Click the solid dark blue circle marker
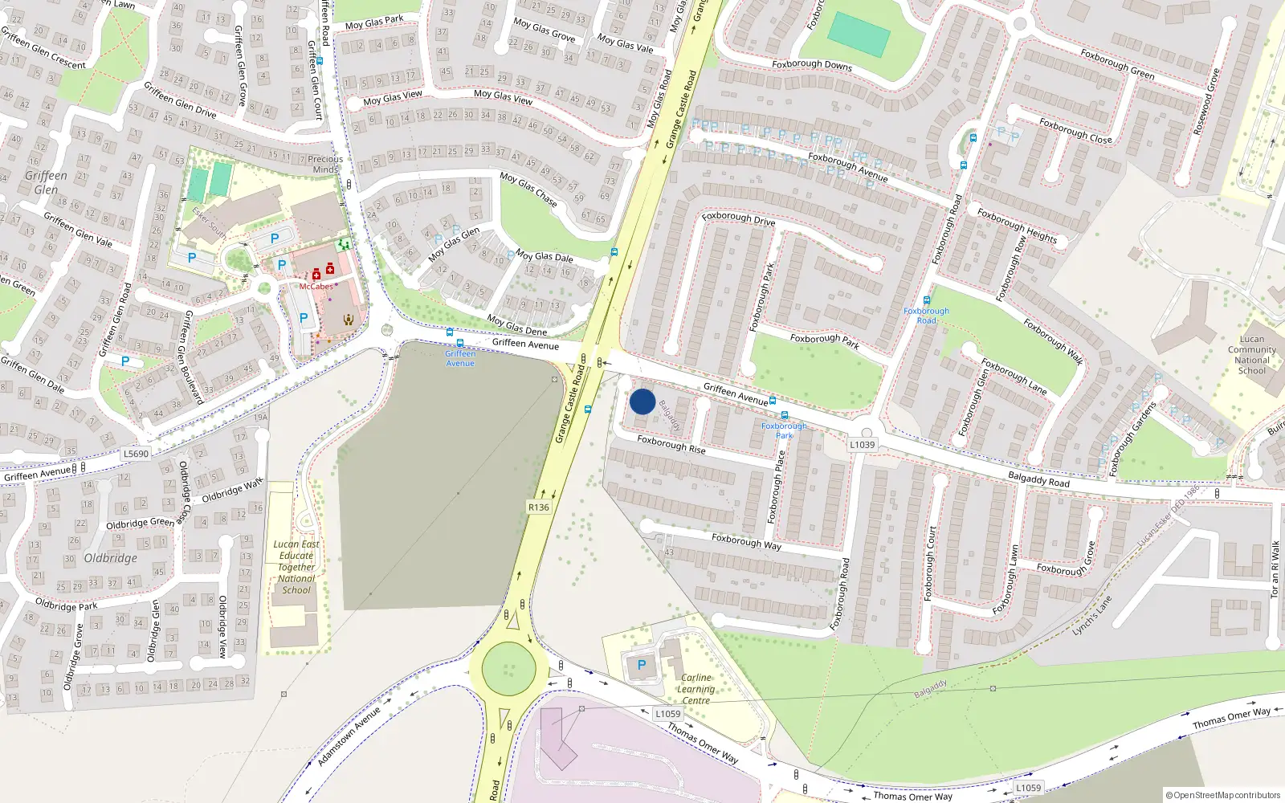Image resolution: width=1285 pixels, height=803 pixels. click(x=642, y=401)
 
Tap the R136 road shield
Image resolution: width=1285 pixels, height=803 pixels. click(x=539, y=507)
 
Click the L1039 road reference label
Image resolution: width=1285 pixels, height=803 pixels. click(x=862, y=444)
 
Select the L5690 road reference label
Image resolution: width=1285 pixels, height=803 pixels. click(x=136, y=454)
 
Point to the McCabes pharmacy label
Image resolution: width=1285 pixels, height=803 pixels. click(x=316, y=287)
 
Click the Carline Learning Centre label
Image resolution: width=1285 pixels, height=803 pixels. click(x=696, y=689)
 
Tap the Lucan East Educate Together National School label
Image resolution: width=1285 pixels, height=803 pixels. click(x=296, y=567)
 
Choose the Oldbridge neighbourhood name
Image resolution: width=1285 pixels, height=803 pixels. click(x=110, y=558)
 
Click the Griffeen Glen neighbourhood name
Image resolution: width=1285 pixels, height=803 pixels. click(x=46, y=182)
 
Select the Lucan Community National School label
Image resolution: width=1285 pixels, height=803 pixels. click(x=1251, y=355)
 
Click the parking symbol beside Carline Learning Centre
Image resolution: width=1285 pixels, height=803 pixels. click(x=641, y=665)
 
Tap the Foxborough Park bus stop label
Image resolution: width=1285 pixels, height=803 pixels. click(x=784, y=430)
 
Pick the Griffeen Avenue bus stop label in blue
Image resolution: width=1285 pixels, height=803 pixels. click(x=460, y=358)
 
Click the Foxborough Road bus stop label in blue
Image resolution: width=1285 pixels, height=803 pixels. click(x=926, y=316)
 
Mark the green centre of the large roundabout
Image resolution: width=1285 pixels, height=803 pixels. click(x=508, y=668)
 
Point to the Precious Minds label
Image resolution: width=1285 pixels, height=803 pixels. click(x=325, y=164)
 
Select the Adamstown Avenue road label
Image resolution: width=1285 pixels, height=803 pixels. click(x=349, y=736)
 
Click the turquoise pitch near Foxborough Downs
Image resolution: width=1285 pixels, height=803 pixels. click(x=859, y=35)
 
